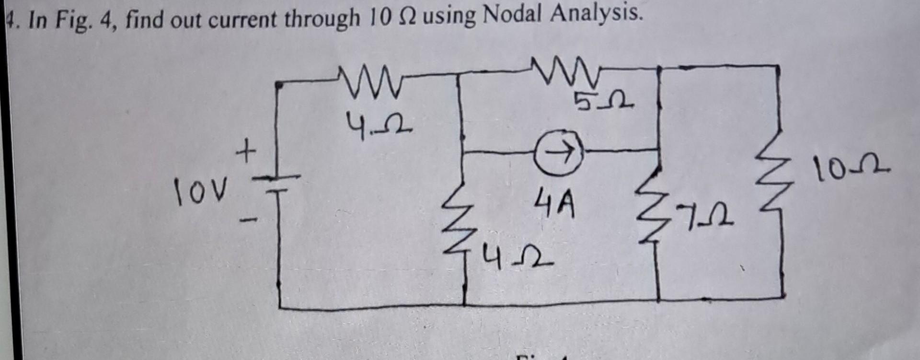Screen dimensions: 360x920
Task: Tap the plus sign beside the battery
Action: click(246, 154)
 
